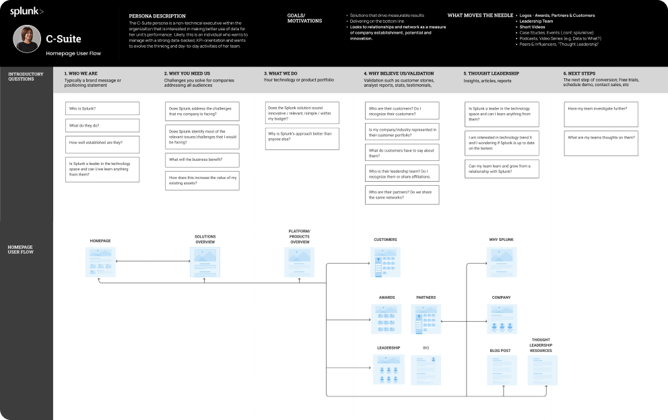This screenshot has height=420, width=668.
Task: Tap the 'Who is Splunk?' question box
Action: (x=102, y=108)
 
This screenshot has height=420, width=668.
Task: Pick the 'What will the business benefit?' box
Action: (x=202, y=160)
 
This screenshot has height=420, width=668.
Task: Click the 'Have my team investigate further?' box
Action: (x=601, y=108)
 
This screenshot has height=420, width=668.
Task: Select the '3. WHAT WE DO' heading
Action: (x=281, y=73)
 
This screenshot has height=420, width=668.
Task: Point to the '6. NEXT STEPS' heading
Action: (x=579, y=73)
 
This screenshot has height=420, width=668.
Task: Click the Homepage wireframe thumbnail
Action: (x=100, y=262)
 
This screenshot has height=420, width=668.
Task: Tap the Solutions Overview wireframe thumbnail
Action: (x=205, y=262)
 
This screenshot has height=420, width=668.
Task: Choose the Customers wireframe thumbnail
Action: (x=385, y=262)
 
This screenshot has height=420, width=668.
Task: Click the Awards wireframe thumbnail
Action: (x=386, y=319)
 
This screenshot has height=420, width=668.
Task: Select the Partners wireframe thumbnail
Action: (x=426, y=319)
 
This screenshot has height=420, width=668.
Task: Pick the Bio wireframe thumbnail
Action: (x=426, y=370)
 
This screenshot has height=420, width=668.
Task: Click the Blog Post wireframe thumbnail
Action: (x=502, y=370)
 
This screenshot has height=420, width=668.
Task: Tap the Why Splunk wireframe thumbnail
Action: (x=502, y=262)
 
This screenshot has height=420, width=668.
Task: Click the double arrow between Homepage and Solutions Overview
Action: (x=153, y=261)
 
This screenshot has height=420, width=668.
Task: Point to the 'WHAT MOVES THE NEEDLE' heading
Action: (x=479, y=15)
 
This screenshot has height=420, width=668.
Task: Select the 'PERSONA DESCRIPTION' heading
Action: (x=157, y=15)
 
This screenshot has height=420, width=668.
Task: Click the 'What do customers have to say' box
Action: (x=402, y=152)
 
